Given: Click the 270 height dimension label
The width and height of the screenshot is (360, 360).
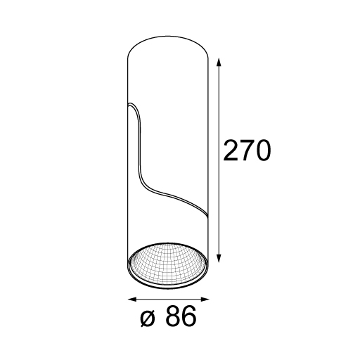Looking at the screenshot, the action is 247,150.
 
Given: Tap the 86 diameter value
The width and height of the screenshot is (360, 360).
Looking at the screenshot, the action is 181,316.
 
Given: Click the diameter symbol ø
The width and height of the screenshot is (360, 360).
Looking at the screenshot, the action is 148,319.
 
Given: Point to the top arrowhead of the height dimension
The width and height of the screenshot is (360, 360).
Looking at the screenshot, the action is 219,62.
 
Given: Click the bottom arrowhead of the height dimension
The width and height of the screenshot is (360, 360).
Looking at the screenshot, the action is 219,258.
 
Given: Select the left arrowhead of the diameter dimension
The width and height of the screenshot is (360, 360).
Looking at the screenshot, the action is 132,300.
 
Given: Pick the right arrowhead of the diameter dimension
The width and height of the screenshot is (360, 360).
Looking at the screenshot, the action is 205,300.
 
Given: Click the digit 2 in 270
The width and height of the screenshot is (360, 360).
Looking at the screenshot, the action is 231,150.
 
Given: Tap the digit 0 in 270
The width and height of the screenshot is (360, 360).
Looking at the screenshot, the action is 263,150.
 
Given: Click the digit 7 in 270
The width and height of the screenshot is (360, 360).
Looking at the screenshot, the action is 247,150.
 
